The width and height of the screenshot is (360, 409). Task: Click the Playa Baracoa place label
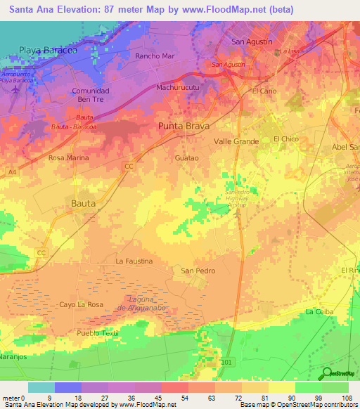pyautogui.click(x=47, y=51)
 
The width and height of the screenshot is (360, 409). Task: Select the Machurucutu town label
pyautogui.click(x=179, y=88)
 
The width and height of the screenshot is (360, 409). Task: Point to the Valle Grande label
pyautogui.click(x=236, y=141)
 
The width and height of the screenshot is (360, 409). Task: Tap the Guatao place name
pyautogui.click(x=186, y=158)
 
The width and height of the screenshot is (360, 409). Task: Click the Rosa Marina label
pyautogui.click(x=68, y=158)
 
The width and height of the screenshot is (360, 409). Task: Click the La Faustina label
pyautogui.click(x=134, y=261)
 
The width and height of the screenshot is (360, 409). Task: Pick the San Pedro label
pyautogui.click(x=198, y=271)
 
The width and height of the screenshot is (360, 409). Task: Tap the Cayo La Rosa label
pyautogui.click(x=81, y=304)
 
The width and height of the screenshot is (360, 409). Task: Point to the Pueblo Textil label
pyautogui.click(x=98, y=333)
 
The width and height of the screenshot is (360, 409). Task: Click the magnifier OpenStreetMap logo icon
pyautogui.click(x=328, y=373)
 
